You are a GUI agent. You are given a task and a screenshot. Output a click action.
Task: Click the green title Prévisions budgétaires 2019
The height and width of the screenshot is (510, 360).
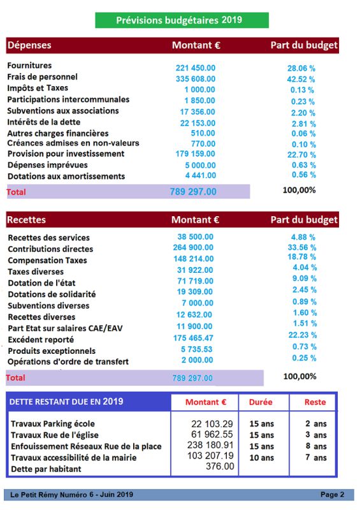(179, 20)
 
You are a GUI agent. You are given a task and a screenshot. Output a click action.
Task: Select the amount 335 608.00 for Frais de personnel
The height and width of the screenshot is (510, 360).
(196, 78)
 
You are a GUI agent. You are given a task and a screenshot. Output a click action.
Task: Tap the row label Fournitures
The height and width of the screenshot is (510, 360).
(29, 66)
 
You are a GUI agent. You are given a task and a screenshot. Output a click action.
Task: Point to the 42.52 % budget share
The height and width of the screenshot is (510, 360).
(301, 79)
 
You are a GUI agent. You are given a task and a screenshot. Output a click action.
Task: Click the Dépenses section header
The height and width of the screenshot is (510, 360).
(29, 45)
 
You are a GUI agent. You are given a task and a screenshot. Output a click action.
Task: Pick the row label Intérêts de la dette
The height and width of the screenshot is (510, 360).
(44, 122)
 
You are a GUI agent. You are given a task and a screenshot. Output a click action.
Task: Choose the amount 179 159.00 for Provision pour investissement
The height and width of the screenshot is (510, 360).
(195, 154)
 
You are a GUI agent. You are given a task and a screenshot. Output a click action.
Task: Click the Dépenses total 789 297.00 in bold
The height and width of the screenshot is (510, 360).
(193, 192)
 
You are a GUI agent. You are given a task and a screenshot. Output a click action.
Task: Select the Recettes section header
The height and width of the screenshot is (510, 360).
(26, 220)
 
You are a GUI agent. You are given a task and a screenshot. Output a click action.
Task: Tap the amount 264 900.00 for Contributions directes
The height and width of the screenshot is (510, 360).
(193, 247)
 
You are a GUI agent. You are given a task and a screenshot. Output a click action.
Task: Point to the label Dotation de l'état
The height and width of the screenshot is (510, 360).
(41, 283)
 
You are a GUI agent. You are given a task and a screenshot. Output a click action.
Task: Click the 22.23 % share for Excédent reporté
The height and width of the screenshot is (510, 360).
(303, 335)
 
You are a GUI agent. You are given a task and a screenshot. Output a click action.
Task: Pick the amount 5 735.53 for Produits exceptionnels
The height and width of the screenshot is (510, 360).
(196, 349)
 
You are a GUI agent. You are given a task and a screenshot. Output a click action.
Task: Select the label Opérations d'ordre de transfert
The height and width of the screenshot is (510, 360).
(68, 361)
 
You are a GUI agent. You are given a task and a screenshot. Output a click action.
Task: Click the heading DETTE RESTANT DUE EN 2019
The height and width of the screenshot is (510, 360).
(66, 402)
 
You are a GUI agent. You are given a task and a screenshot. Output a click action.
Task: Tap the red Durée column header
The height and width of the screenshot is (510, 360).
(261, 402)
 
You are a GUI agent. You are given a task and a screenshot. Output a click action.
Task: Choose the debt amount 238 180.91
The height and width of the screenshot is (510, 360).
(210, 445)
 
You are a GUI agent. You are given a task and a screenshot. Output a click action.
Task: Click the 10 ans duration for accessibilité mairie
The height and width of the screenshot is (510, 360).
(262, 458)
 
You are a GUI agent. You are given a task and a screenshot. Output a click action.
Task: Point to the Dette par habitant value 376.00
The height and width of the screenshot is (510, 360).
(220, 467)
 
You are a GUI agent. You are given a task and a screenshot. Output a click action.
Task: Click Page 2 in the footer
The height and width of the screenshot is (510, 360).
(333, 495)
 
